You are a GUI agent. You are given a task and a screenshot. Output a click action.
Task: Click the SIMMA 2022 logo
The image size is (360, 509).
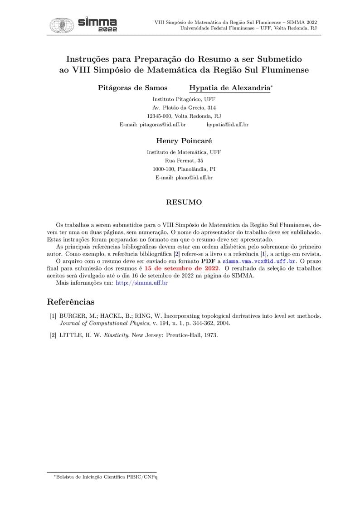(83, 24)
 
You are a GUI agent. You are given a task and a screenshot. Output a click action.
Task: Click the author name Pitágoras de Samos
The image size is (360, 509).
(132, 88)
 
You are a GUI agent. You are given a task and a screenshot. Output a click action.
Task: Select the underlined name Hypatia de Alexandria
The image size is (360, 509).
(229, 88)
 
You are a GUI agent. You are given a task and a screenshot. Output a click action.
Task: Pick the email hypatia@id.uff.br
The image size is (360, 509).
(227, 124)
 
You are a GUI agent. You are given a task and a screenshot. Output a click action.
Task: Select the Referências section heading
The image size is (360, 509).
(71, 302)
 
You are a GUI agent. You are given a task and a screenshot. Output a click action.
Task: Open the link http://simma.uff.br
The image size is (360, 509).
(142, 283)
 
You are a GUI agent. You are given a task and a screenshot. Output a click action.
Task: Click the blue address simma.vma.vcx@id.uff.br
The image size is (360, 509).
(259, 262)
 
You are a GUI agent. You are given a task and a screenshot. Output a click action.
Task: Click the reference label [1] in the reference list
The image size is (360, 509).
(53, 315)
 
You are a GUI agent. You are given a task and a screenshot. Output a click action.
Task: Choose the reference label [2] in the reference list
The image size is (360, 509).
(53, 336)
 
